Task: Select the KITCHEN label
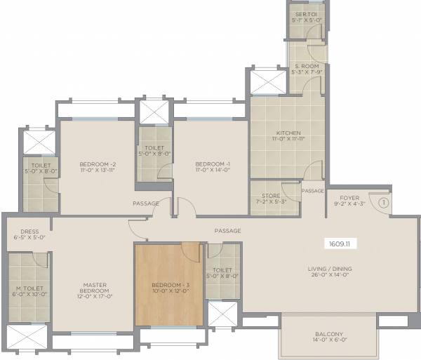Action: pyautogui.click(x=288, y=133)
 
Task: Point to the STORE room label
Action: pyautogui.click(x=269, y=196)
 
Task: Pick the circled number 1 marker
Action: pyautogui.click(x=383, y=202)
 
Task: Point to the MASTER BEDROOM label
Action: pyautogui.click(x=94, y=287)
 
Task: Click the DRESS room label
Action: pyautogui.click(x=29, y=231)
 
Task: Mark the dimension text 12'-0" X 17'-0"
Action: pyautogui.click(x=94, y=298)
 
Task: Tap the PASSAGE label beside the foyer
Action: pyautogui.click(x=312, y=191)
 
